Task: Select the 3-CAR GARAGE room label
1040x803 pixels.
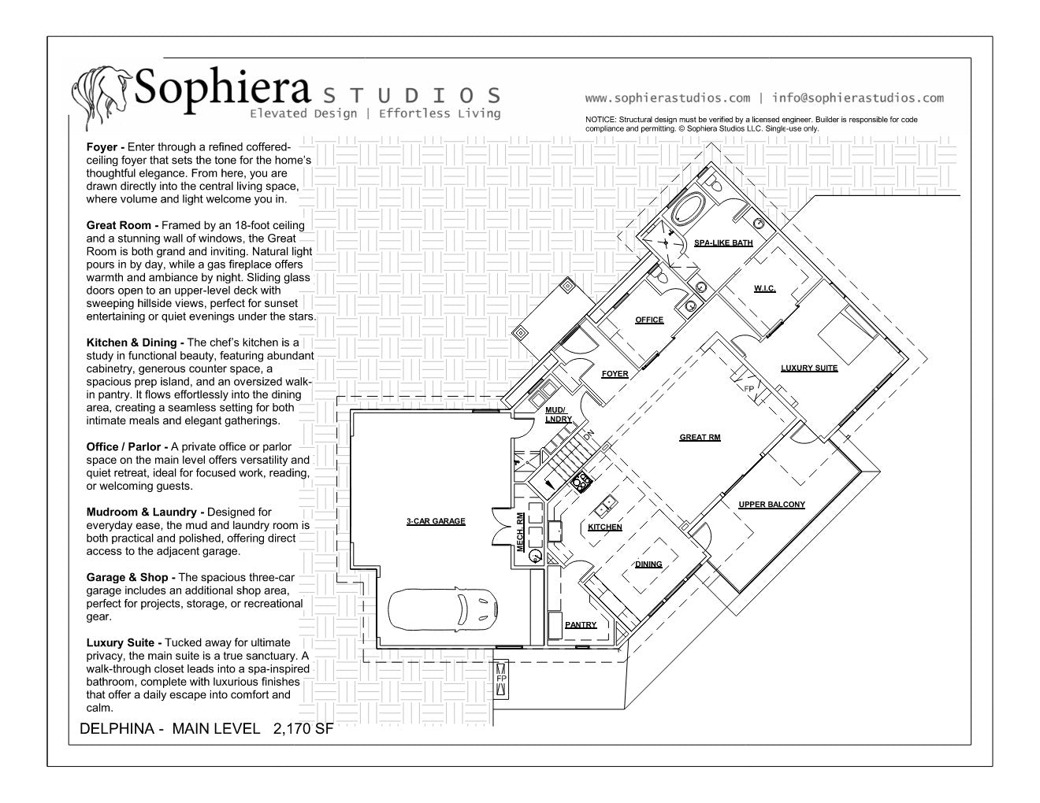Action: (436, 521)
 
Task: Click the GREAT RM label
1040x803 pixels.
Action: (700, 438)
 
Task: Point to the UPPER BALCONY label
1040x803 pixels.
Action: (771, 505)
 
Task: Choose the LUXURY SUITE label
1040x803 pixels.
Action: (809, 368)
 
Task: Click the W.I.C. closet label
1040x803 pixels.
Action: (764, 289)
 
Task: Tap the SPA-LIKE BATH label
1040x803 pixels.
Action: (722, 243)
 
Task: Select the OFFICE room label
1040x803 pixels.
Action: (649, 320)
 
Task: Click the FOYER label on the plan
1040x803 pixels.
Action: (615, 374)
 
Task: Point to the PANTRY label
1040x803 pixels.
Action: (581, 625)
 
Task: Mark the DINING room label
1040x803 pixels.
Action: (648, 564)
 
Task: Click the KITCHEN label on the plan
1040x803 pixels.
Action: (605, 527)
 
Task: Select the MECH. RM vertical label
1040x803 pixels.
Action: (521, 532)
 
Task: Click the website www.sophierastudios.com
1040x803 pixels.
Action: (667, 98)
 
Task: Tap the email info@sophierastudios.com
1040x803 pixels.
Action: (857, 98)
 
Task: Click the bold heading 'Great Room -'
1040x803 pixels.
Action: (122, 225)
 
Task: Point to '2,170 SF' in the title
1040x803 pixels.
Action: (303, 729)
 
